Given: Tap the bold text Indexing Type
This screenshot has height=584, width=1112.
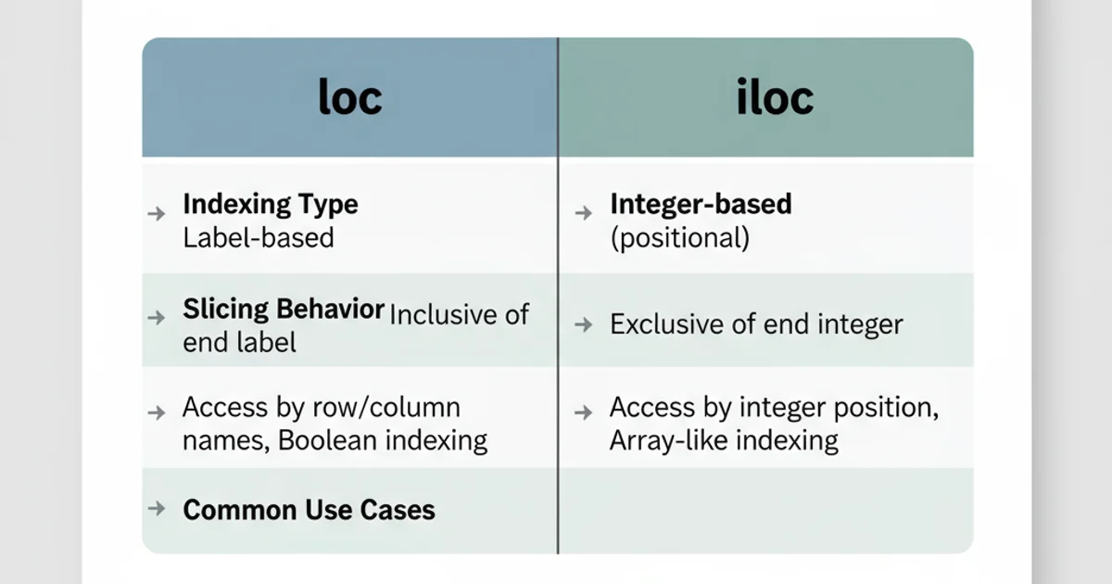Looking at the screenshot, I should [x=270, y=204].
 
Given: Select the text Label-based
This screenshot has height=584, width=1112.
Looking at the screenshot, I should [x=258, y=237].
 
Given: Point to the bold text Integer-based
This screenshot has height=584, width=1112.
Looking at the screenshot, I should [x=701, y=204].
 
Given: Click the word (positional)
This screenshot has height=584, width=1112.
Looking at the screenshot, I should [x=679, y=237].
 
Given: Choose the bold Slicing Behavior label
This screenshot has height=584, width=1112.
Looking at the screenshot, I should [x=283, y=310].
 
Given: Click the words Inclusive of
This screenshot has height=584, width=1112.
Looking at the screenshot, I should [x=460, y=314].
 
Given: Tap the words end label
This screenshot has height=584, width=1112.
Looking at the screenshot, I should [x=239, y=342].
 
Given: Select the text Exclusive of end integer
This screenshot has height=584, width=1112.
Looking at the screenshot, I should [x=756, y=324].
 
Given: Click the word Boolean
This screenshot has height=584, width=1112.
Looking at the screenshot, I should [x=322, y=439].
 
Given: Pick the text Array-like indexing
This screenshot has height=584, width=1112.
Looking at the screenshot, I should [x=724, y=439].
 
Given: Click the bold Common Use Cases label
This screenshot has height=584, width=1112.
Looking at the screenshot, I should [x=309, y=509].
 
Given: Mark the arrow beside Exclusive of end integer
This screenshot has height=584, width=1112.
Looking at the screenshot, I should [x=583, y=324].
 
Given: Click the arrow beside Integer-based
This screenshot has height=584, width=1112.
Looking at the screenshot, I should [x=583, y=213].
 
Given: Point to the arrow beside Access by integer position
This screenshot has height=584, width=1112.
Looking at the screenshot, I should [x=583, y=411].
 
